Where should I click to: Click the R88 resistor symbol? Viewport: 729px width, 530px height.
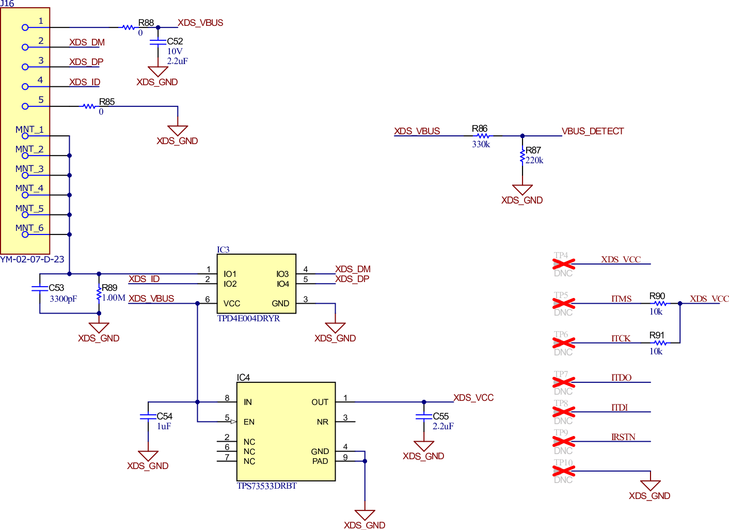[129, 27]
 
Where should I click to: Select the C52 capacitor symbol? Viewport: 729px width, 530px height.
[158, 42]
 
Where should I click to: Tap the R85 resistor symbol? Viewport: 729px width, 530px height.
[89, 106]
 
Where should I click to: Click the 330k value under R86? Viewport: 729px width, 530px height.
[481, 145]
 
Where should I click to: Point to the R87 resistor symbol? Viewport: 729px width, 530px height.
[522, 155]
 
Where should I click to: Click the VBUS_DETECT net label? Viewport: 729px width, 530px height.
[593, 131]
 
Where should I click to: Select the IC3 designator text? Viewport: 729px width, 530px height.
[223, 250]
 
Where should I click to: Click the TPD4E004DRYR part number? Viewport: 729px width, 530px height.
[248, 319]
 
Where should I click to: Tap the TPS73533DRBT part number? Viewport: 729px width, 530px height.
[266, 486]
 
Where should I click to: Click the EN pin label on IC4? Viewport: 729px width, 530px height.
[249, 422]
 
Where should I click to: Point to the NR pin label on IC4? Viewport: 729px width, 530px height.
[322, 422]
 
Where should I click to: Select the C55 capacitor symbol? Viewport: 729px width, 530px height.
[424, 416]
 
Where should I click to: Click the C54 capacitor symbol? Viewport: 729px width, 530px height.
[148, 416]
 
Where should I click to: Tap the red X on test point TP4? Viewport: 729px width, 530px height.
[563, 264]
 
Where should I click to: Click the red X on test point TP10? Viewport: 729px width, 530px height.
[563, 471]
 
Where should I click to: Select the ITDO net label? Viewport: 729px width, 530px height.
[621, 378]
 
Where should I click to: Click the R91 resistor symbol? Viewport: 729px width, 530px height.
[660, 343]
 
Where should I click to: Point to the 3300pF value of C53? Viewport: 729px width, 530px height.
[63, 299]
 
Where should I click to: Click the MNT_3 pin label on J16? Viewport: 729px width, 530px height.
[29, 169]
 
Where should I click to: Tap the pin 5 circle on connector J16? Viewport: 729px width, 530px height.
[25, 106]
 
